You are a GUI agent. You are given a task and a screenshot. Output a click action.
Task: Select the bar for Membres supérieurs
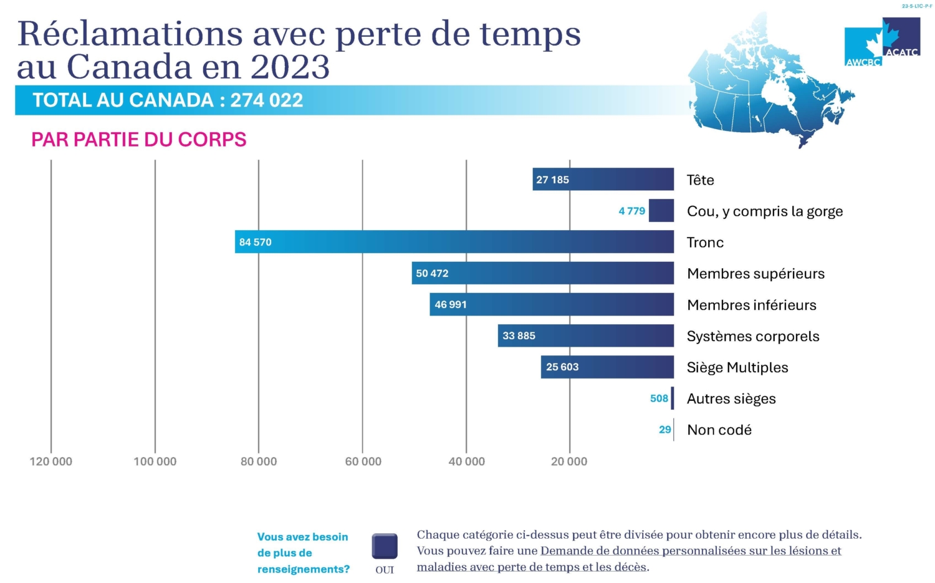coord(542,273)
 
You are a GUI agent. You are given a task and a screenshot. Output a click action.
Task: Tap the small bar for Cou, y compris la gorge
coord(661,211)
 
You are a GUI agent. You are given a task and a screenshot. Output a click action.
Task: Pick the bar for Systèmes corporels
coord(585,335)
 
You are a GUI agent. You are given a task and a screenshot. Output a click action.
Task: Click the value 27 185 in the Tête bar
coord(552,180)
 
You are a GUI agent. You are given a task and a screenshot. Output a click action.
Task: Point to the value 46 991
coord(451,304)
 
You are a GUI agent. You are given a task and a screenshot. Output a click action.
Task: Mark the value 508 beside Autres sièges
coord(659,398)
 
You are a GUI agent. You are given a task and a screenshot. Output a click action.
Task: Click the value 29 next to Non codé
coord(664,430)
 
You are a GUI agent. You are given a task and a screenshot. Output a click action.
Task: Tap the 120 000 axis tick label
coord(51,461)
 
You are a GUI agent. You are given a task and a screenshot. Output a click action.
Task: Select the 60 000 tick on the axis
coord(363,461)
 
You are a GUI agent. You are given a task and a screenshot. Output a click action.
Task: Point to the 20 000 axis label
coord(569,461)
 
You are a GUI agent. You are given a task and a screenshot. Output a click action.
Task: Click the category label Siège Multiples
coord(737,367)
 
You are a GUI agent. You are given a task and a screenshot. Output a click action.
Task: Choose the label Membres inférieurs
coord(751,305)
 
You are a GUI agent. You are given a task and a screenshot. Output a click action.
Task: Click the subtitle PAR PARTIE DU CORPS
coord(139,139)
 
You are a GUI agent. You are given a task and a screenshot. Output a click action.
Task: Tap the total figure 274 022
coord(267,100)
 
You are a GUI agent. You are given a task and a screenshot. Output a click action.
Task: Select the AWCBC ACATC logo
coord(882,42)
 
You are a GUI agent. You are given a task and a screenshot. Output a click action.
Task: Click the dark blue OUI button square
coord(385,546)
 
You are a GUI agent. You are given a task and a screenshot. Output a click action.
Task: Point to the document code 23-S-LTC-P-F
coord(917,6)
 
